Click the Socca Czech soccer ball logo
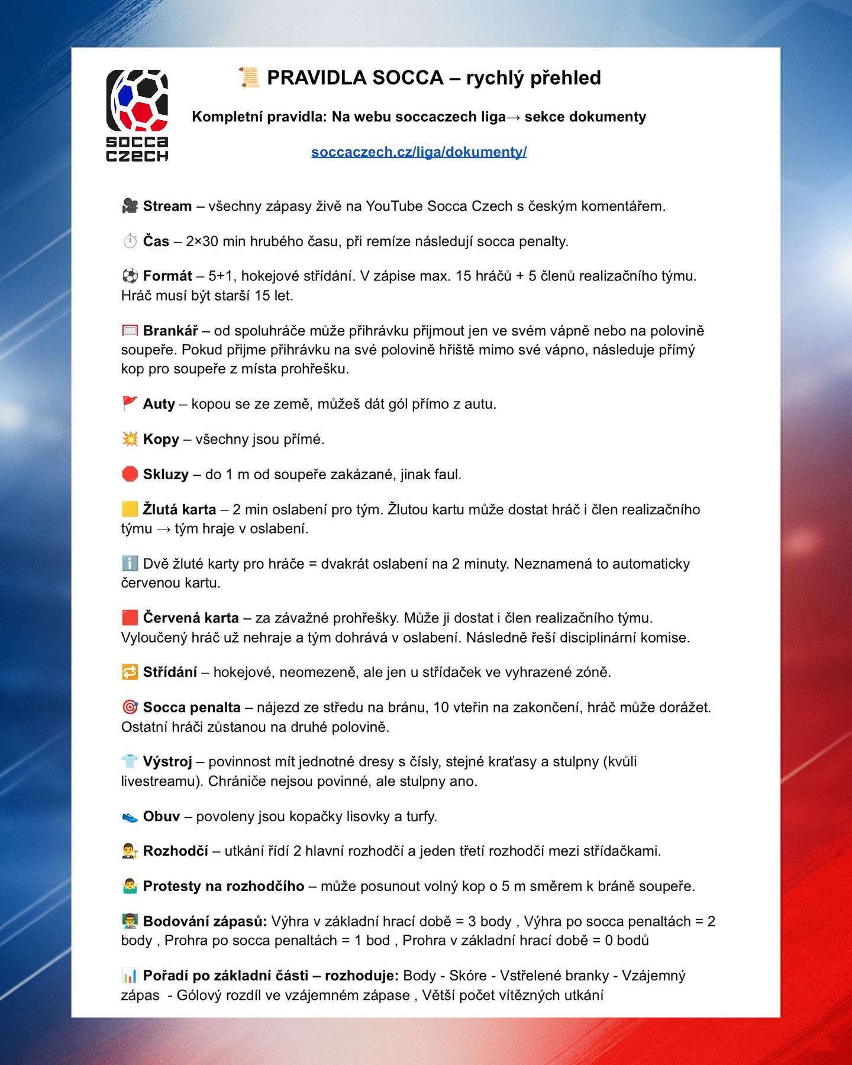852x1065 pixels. point(137,101)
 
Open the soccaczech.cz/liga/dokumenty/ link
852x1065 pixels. point(419,152)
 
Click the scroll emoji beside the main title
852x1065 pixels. point(249,78)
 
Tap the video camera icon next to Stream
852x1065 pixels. point(130,206)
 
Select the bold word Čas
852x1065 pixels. point(156,241)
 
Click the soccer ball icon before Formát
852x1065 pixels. point(130,276)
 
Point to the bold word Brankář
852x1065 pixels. point(170,331)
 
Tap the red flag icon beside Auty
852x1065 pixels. point(130,404)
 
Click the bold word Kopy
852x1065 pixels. point(161,439)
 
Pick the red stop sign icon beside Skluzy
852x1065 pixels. point(130,474)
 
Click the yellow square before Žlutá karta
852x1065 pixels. point(130,509)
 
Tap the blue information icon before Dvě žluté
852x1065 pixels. point(130,563)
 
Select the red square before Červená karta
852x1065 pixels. point(130,618)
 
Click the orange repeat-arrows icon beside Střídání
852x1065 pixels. point(130,672)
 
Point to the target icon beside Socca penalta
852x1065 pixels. point(130,707)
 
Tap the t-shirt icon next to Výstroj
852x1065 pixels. point(130,761)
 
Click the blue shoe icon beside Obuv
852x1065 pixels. point(130,817)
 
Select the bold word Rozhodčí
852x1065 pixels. point(176,851)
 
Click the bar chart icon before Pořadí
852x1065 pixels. point(130,976)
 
